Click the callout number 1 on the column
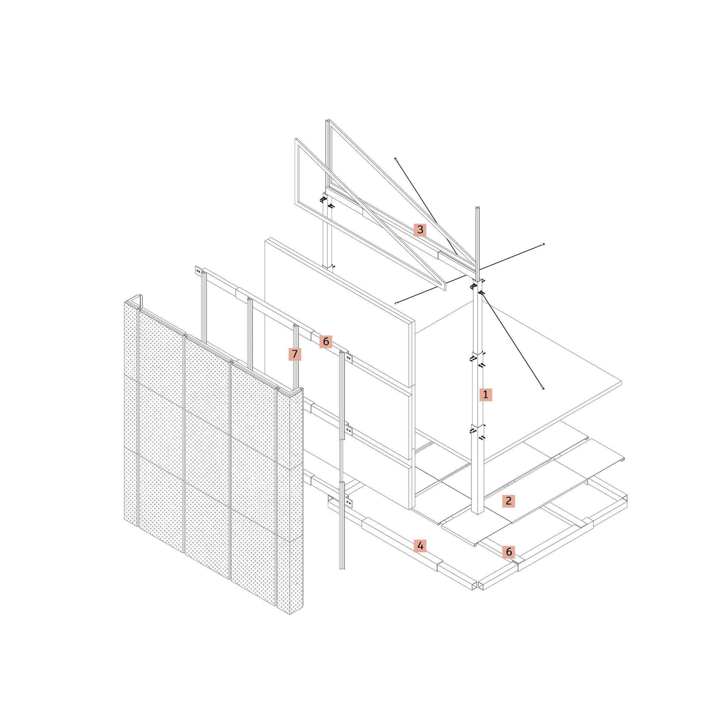click(x=486, y=395)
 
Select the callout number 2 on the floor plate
click(x=508, y=501)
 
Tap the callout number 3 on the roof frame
click(x=420, y=230)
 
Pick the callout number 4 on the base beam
click(x=420, y=546)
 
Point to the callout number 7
click(x=295, y=354)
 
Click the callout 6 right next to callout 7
click(x=326, y=342)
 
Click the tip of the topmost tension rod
click(x=395, y=159)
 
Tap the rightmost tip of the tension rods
click(x=544, y=244)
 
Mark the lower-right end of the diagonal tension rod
click(x=543, y=389)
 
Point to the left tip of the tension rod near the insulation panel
click(x=396, y=303)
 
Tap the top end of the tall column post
click(x=477, y=207)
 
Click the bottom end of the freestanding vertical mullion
click(x=342, y=568)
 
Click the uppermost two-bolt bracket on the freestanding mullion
click(x=349, y=358)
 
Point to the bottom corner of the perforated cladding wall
click(x=290, y=615)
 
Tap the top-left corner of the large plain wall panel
click(x=266, y=240)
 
